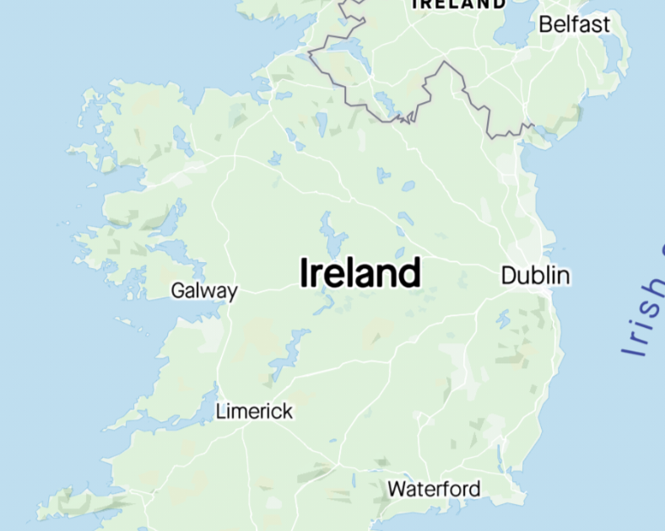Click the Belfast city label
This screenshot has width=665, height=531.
pos(574,24)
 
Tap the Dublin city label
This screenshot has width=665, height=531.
pos(535,276)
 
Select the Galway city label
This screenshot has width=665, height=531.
pos(204,292)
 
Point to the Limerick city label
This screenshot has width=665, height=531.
pos(254,411)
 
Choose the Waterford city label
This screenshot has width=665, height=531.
pos(434,489)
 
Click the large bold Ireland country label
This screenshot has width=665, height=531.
pos(360,273)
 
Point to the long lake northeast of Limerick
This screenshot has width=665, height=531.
pos(287,354)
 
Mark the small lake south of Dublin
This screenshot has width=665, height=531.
pos(504,319)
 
